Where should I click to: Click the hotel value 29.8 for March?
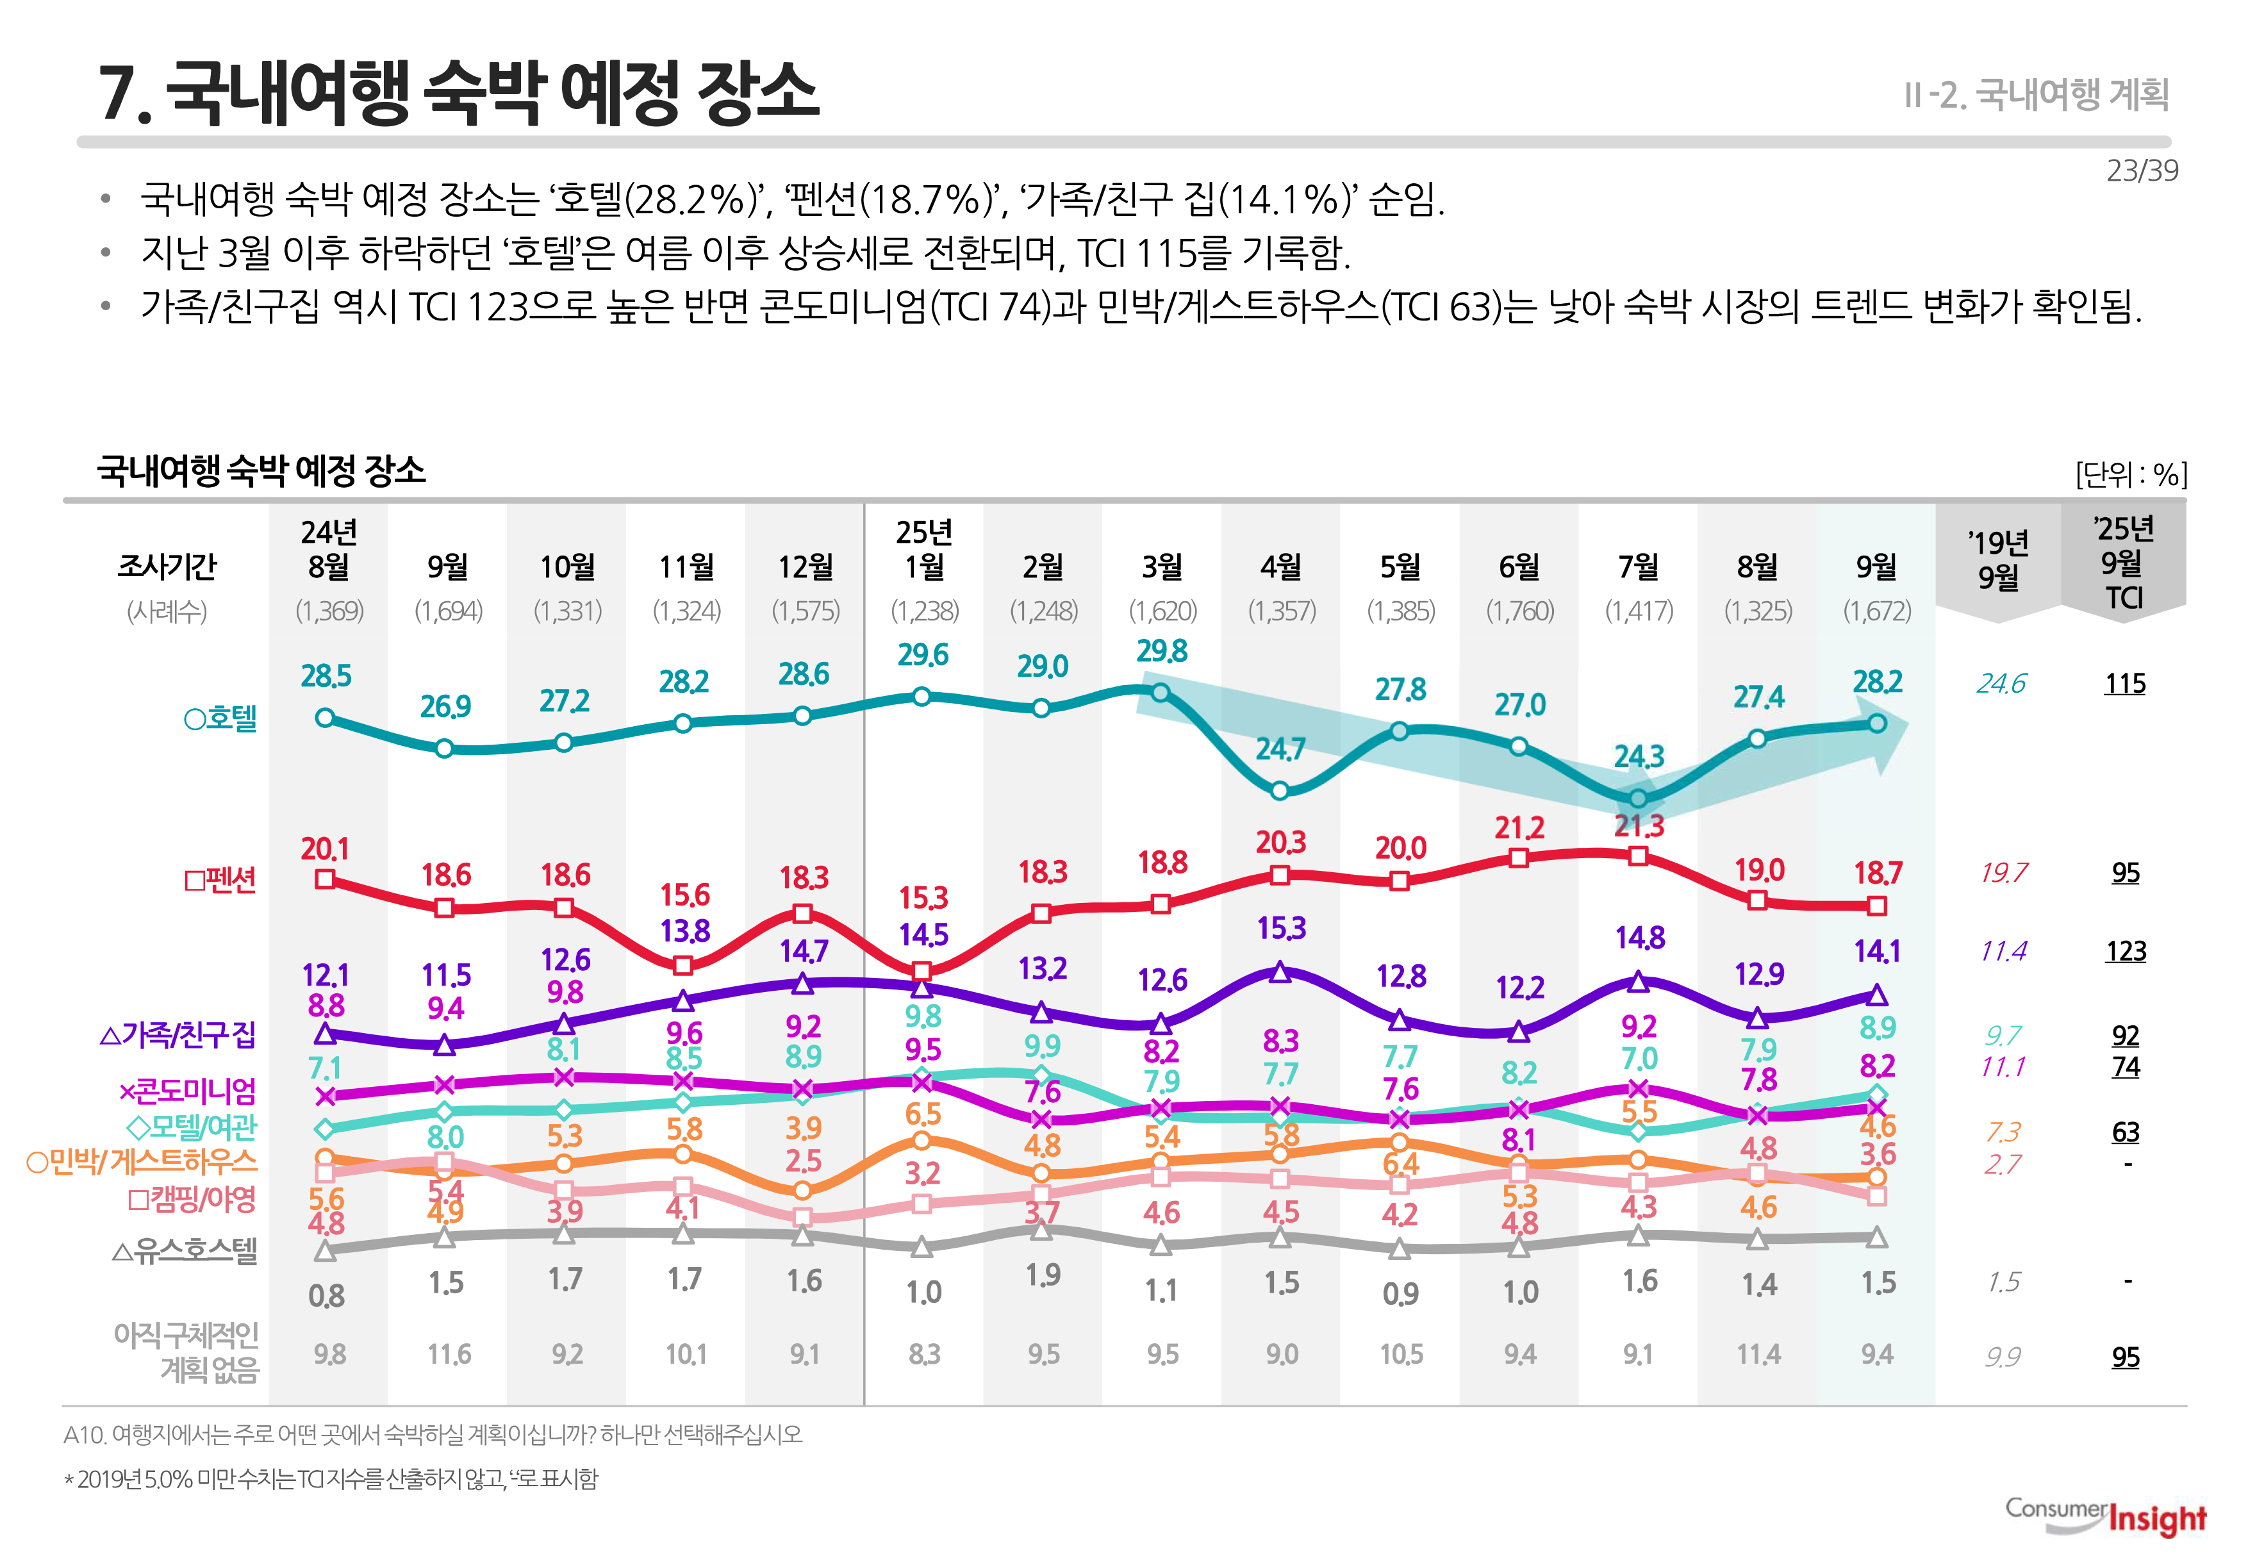pos(1161,651)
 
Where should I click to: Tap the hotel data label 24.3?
pos(1639,757)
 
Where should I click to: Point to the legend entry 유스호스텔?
pos(185,1251)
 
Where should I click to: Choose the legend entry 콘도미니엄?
pos(188,1091)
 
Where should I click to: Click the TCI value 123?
pos(2125,952)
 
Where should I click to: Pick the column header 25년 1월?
pos(923,549)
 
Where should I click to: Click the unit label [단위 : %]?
pos(2131,475)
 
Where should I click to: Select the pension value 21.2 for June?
pos(1519,829)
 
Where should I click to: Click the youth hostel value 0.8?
pos(327,1296)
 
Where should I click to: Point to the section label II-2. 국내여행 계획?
pos(2037,95)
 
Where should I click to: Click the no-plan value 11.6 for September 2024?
pos(449,1354)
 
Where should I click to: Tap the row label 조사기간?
pos(167,567)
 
